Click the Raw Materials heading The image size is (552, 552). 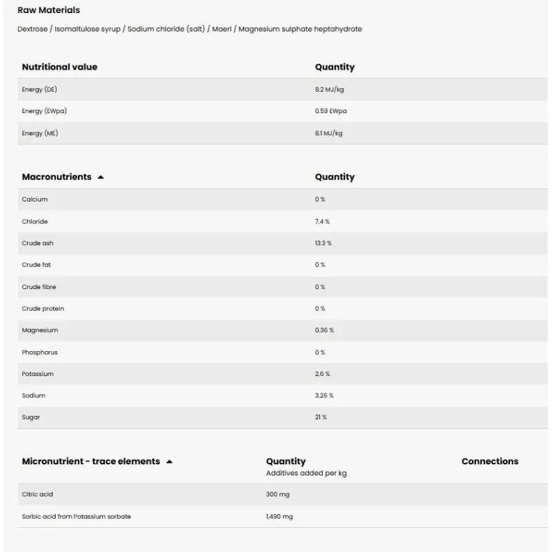pos(48,10)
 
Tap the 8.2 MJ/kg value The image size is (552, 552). pos(329,90)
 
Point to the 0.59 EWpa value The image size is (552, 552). pos(331,111)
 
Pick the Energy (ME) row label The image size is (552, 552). pos(40,133)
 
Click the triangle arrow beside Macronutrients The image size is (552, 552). pos(101,177)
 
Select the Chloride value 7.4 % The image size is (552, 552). pos(322,221)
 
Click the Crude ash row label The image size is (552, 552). pos(37,244)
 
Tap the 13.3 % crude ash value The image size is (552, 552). pos(323,244)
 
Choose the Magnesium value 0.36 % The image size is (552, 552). pos(324,331)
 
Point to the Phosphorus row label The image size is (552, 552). pos(40,353)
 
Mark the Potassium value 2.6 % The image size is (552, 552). pos(322,374)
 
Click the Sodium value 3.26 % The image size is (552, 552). pos(324,396)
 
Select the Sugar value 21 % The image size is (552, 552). pos(321,417)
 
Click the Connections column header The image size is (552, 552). pos(490,462)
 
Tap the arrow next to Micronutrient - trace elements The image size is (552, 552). pos(169,462)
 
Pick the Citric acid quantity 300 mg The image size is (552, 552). pos(278,495)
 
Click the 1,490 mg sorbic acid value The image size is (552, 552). pos(279,517)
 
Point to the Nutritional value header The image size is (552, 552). pos(59,67)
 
